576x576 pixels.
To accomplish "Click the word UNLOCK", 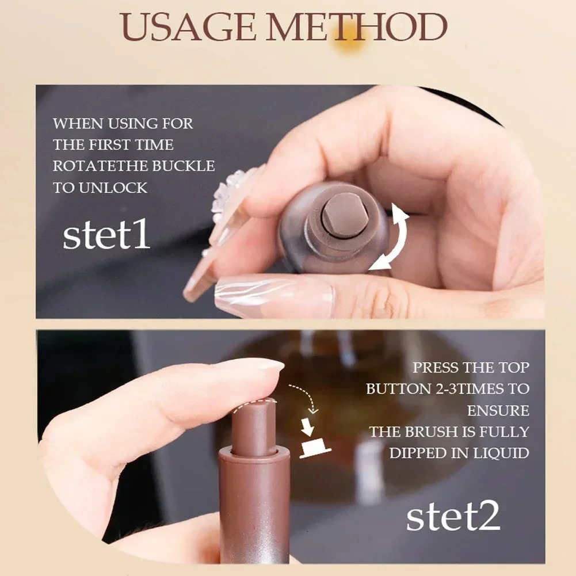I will pos(109,188).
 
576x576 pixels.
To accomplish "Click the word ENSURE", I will pos(498,410).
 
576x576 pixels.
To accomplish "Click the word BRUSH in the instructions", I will pos(431,432).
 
